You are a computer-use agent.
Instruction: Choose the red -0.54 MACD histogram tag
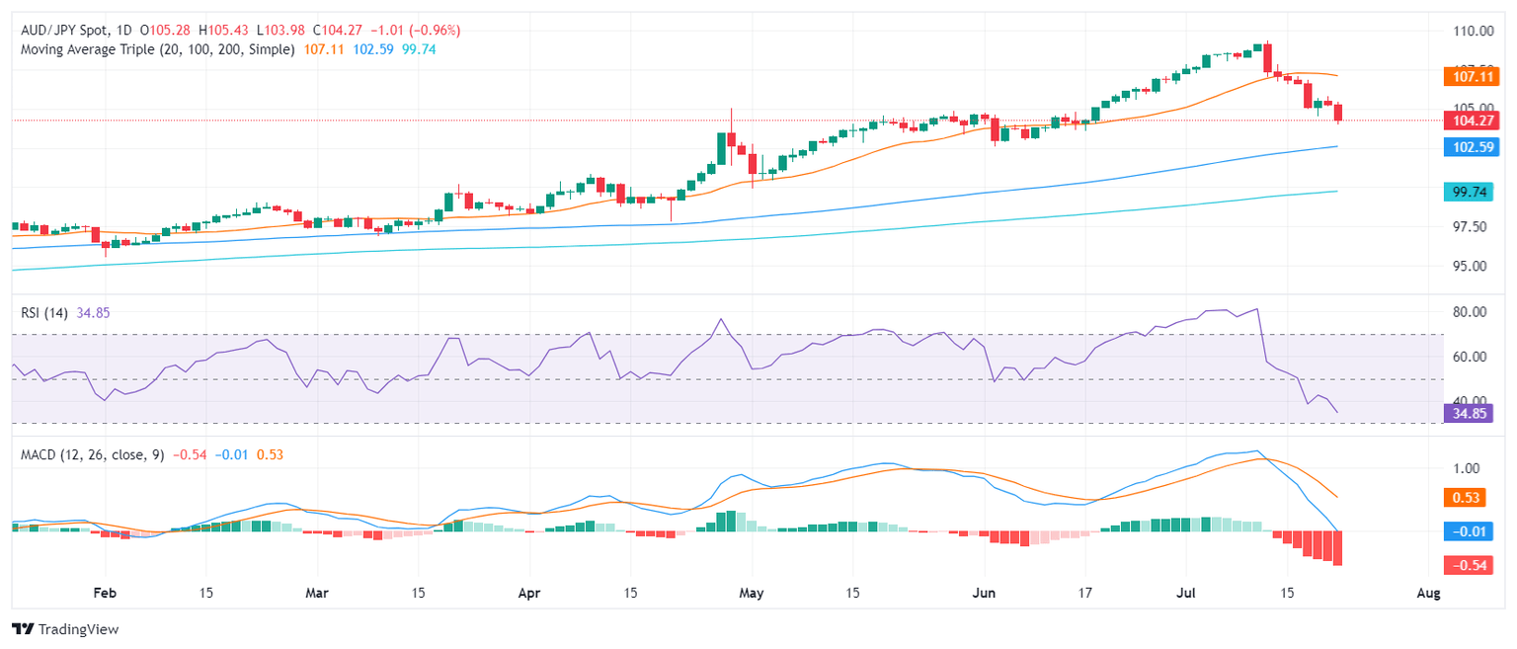pos(1469,565)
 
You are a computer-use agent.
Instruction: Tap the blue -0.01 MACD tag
pos(1469,531)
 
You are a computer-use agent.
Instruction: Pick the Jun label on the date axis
pos(985,593)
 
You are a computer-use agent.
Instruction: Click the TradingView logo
pos(64,628)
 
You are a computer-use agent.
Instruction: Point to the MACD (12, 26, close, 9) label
pos(91,454)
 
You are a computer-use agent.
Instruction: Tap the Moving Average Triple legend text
pos(158,48)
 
